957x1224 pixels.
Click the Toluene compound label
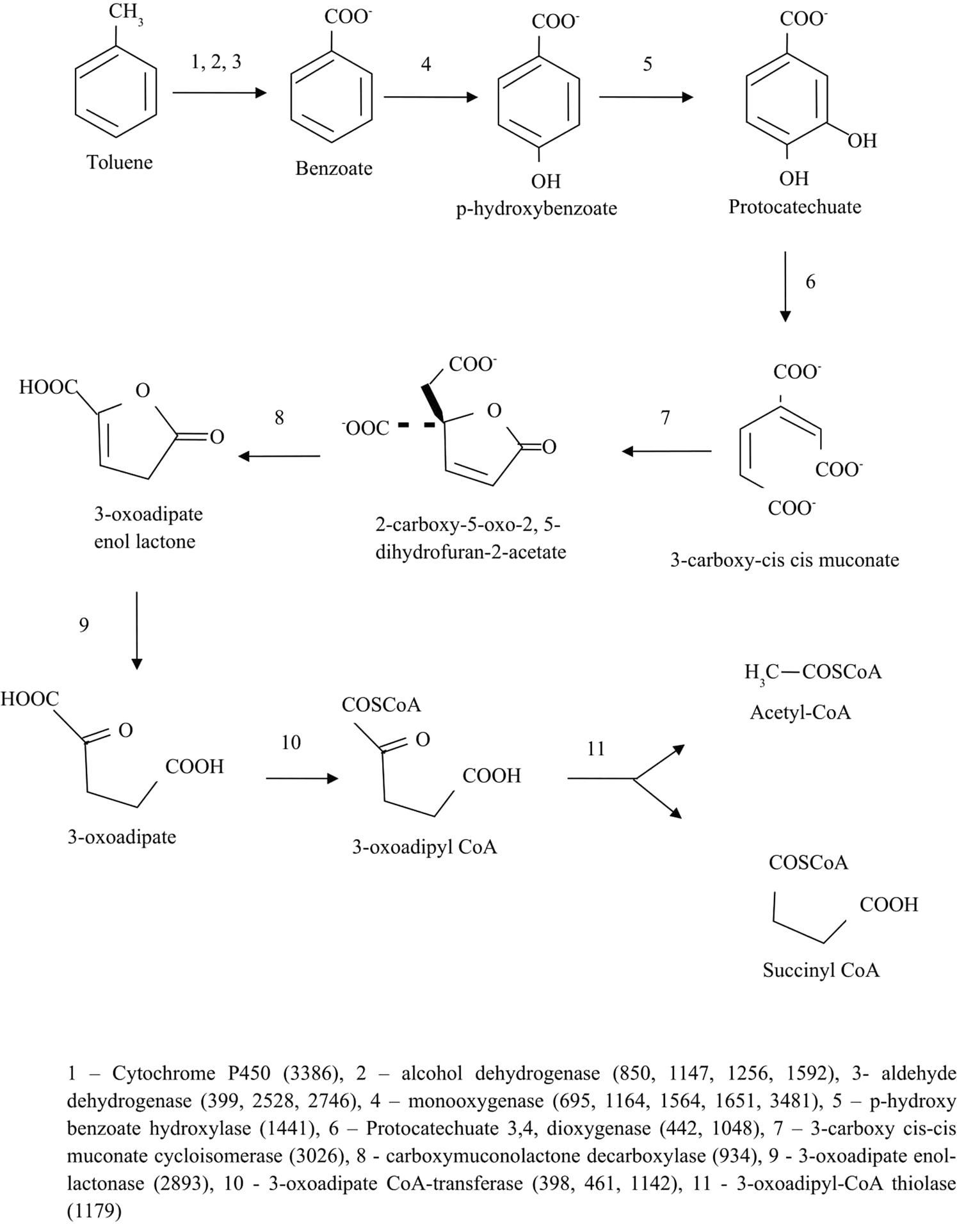(120, 162)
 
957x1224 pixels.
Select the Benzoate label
(334, 168)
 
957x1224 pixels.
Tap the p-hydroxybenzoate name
(536, 208)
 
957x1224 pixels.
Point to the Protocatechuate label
(794, 207)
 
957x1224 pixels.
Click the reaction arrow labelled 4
(430, 97)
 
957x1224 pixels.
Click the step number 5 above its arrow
(647, 64)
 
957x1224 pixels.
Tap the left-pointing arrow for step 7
(666, 451)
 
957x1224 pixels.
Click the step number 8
(279, 418)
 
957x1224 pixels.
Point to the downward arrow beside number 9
(136, 630)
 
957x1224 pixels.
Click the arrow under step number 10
(302, 778)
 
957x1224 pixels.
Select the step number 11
(595, 749)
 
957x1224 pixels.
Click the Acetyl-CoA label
(800, 712)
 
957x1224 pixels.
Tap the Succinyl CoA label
(821, 970)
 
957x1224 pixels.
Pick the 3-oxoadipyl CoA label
(424, 847)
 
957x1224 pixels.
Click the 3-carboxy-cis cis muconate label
(784, 560)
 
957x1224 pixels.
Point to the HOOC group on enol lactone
(48, 387)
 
